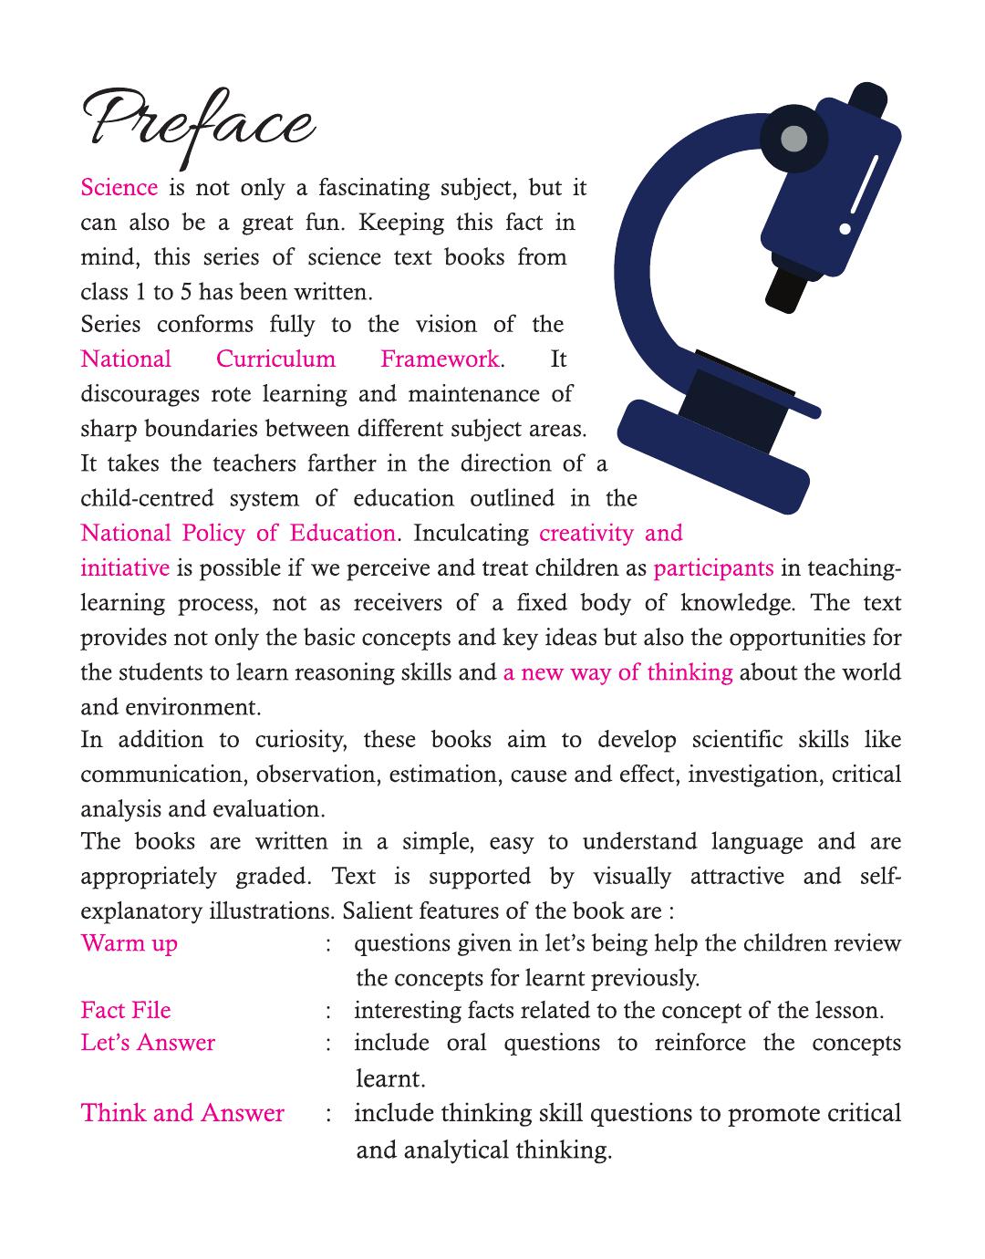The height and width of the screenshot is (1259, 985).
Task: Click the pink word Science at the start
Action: pos(119,188)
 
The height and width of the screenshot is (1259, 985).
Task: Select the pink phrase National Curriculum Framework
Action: pos(290,359)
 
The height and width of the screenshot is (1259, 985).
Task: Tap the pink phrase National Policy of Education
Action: pos(238,533)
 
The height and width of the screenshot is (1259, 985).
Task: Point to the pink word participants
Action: pos(713,567)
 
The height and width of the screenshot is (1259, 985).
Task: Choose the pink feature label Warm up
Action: pos(129,942)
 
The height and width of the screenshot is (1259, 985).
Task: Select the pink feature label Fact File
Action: pos(126,1010)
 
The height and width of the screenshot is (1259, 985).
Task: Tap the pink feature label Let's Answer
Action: pos(148,1043)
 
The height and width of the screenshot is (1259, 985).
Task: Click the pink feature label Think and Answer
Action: pos(182,1113)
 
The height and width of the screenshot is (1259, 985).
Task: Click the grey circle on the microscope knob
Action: pos(794,140)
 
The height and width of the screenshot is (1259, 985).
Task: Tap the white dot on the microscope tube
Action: pos(845,228)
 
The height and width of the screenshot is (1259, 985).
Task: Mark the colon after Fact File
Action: pos(327,1011)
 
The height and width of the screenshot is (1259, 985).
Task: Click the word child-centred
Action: pos(148,498)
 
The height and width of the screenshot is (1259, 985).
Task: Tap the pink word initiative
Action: pos(125,567)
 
